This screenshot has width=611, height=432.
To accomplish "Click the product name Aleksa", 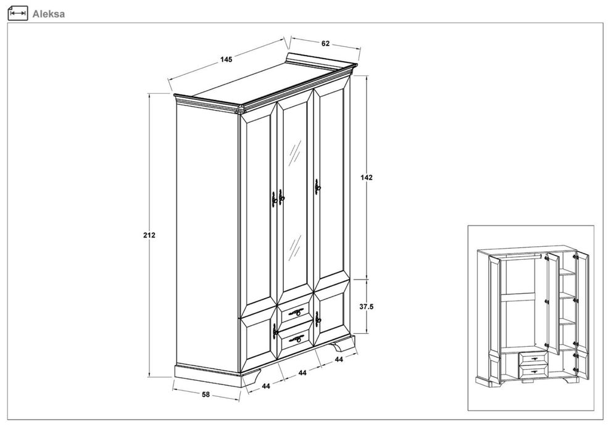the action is click(x=48, y=14).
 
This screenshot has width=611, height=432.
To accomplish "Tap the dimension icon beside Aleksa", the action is click(x=18, y=13).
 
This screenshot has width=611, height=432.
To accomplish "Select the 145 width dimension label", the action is click(x=226, y=60).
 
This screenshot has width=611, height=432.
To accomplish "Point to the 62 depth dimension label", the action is click(x=325, y=44).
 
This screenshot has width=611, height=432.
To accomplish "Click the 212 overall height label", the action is click(x=149, y=235).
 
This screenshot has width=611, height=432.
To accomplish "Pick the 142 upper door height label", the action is click(x=366, y=178).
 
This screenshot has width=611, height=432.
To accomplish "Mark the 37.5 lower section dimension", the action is click(x=366, y=307).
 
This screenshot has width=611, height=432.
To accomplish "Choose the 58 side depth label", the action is click(x=206, y=394).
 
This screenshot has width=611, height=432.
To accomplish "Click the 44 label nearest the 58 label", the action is click(x=266, y=386).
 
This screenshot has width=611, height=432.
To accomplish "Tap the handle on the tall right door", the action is click(x=318, y=188).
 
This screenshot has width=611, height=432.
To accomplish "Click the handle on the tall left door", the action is click(x=274, y=199).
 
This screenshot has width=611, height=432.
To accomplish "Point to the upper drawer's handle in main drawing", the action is click(x=296, y=312).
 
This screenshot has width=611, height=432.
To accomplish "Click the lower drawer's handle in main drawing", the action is click(x=296, y=339).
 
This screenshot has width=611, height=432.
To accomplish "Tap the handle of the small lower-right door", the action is click(x=318, y=320).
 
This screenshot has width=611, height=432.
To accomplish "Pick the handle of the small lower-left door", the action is click(x=275, y=332).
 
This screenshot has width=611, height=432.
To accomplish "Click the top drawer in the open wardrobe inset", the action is click(x=533, y=357).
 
